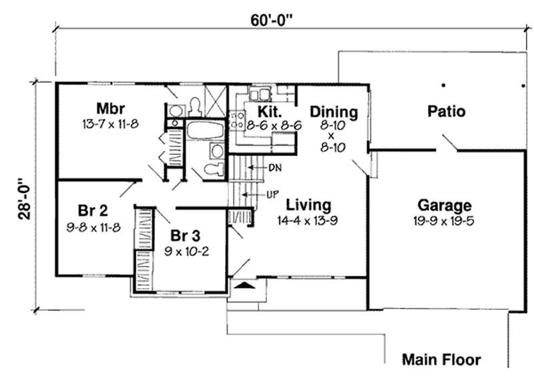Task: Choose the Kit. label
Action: coord(260,112)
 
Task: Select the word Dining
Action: coord(334,112)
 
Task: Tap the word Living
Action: coord(308,204)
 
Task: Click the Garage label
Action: coord(445,205)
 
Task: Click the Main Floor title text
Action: coord(441,360)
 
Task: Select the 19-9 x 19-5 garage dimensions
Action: coord(445,220)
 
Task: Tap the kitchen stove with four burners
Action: coord(237,120)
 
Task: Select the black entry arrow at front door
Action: coord(246,285)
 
